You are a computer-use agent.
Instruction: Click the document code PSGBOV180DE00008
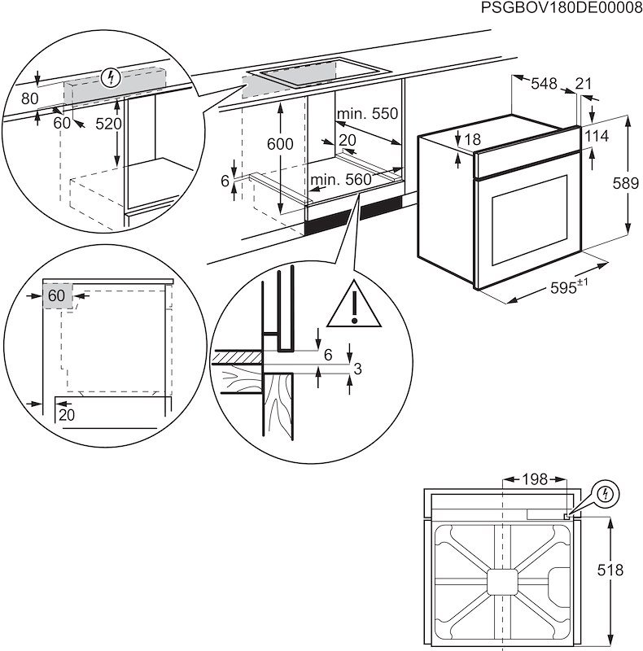tap(562, 9)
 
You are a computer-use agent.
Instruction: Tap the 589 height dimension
tap(624, 183)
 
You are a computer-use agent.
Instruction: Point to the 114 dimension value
tap(596, 136)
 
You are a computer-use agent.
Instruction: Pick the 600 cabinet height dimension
tap(279, 144)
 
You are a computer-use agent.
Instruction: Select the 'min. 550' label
tap(367, 114)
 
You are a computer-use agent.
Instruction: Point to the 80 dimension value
tap(30, 98)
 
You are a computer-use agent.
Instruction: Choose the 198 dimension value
tap(534, 480)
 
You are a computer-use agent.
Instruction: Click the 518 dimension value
tap(624, 572)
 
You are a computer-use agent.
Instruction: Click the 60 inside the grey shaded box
tap(55, 295)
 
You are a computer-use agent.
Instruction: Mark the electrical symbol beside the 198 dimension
tap(606, 493)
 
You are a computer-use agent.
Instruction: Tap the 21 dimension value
tap(583, 83)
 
